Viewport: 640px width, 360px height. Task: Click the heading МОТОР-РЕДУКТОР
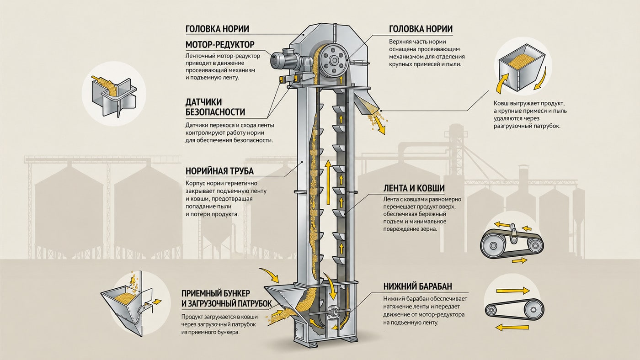point(220,44)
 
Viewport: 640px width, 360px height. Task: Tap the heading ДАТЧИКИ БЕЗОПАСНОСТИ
point(215,107)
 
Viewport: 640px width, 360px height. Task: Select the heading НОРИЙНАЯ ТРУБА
point(219,171)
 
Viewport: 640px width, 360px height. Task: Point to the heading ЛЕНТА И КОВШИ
point(414,188)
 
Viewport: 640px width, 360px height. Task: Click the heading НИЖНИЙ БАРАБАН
point(418,286)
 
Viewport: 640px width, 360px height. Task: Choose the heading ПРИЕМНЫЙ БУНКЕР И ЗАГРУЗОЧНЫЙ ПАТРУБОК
point(227,298)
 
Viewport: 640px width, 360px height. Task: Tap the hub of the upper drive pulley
point(333,60)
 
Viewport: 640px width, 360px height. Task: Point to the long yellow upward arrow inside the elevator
point(328,182)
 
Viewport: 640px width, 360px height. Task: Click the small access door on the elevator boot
point(300,331)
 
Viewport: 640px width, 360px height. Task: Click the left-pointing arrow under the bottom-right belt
point(512,327)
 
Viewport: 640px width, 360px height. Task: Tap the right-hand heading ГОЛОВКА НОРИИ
point(421,29)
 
